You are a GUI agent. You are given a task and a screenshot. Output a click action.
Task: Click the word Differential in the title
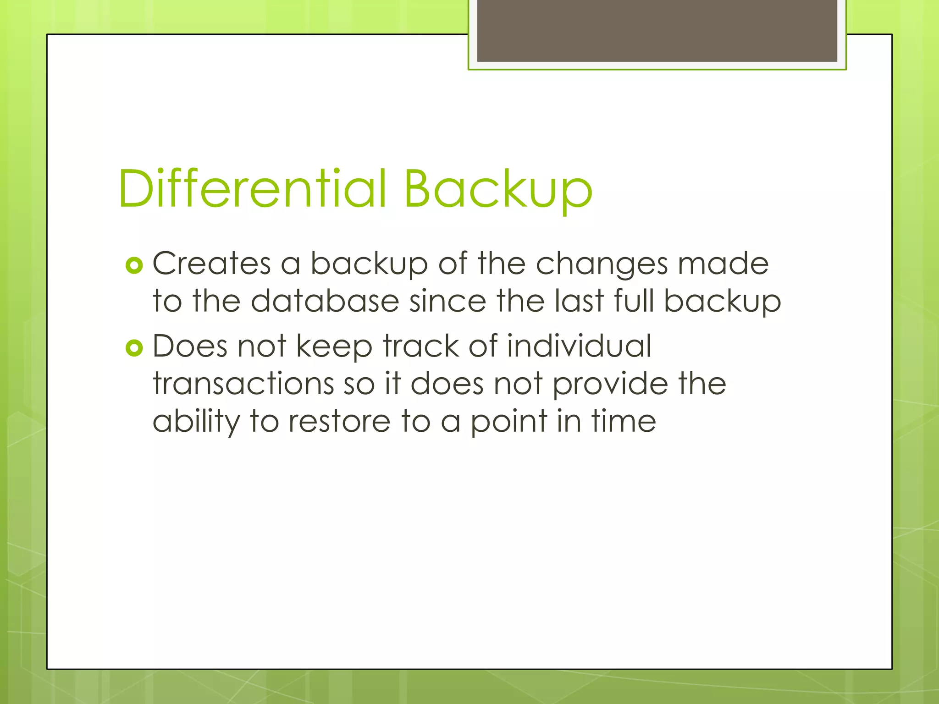pos(253,188)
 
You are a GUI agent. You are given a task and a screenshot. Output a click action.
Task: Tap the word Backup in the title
pos(498,189)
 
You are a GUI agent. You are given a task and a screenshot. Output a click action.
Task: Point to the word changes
pos(602,264)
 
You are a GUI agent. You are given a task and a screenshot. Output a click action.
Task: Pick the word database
pos(325,301)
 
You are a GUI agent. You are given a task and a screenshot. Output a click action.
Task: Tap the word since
pos(447,301)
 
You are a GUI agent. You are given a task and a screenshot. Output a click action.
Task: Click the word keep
pos(334,346)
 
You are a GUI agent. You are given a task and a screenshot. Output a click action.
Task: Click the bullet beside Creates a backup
pos(134,265)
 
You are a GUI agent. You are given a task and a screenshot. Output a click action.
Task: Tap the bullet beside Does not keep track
pos(134,348)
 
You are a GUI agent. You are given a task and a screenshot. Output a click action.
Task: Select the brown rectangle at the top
pos(657,31)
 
